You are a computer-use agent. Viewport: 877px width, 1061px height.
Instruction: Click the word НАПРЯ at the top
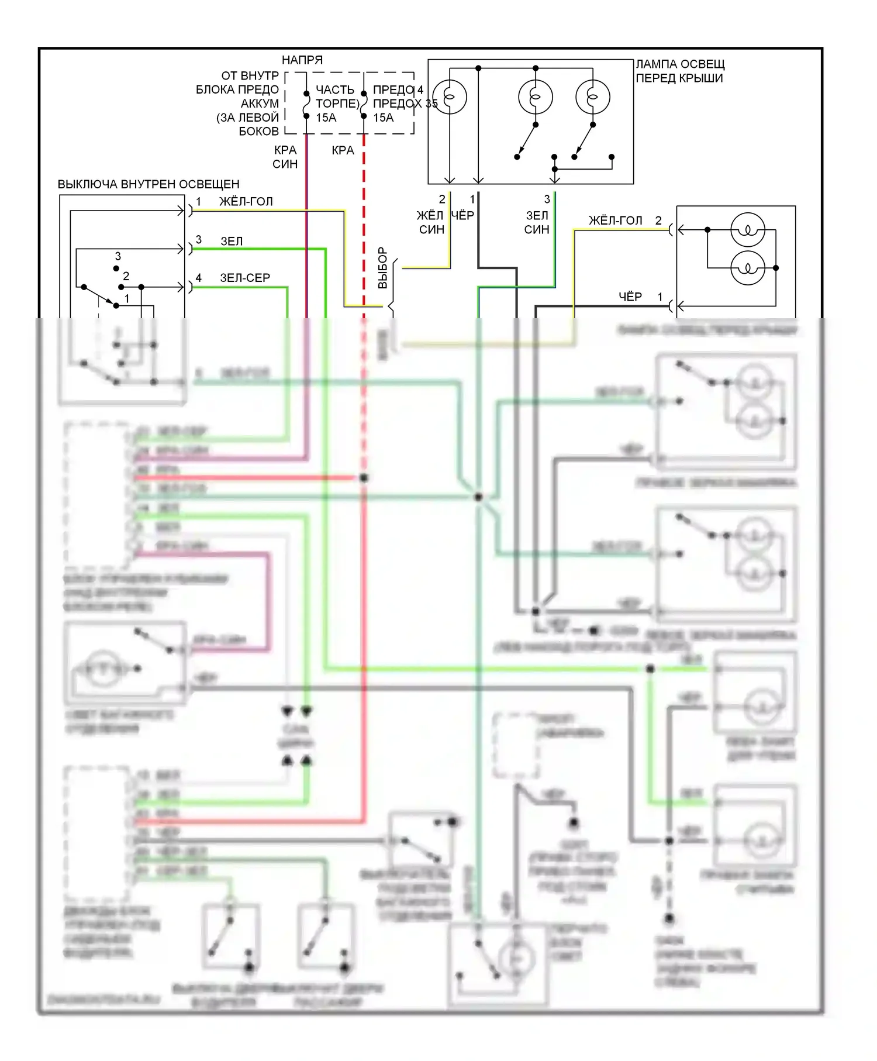(x=302, y=60)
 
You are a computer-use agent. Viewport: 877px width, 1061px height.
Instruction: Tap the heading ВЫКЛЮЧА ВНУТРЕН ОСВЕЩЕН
(x=149, y=184)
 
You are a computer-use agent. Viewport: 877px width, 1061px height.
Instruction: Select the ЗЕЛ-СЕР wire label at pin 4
(x=244, y=278)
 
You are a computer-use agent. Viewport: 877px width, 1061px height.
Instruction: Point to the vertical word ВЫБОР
(x=383, y=267)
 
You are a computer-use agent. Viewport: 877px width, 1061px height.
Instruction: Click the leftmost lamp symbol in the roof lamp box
(x=450, y=97)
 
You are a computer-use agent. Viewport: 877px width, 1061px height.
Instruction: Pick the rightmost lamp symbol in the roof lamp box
(x=592, y=97)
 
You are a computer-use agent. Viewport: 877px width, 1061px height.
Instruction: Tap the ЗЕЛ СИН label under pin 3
(x=537, y=223)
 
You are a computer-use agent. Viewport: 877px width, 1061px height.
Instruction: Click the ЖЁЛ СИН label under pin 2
(x=431, y=223)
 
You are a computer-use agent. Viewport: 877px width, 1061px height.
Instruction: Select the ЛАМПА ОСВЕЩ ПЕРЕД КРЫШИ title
(x=680, y=71)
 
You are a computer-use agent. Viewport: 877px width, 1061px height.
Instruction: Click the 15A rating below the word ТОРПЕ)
(x=326, y=118)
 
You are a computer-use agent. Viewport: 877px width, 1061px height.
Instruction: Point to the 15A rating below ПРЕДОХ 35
(x=384, y=118)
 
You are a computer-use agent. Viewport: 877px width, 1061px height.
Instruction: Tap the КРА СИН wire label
(x=285, y=157)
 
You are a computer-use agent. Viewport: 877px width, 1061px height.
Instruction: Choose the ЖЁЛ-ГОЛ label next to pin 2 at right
(x=615, y=221)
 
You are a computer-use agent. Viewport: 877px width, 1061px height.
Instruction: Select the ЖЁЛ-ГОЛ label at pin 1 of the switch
(x=246, y=202)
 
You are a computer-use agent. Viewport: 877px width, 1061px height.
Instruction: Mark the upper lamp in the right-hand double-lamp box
(x=748, y=230)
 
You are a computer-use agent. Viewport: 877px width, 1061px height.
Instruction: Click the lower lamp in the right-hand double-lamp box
(x=748, y=268)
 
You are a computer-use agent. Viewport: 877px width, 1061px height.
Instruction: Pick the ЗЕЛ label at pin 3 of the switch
(x=232, y=241)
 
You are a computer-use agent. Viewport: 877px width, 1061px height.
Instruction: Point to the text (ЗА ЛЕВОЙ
(x=247, y=118)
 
